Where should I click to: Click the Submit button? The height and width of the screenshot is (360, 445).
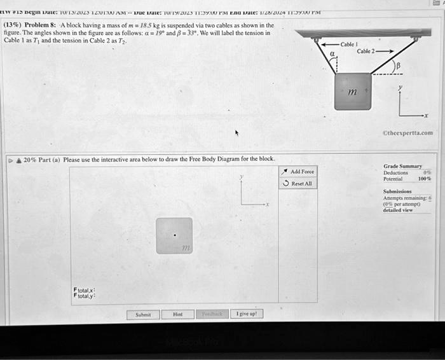click(143, 314)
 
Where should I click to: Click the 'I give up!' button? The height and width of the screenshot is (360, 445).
click(247, 314)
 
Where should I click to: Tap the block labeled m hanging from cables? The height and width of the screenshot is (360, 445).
click(352, 92)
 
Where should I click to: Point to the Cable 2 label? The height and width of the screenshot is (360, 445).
click(367, 52)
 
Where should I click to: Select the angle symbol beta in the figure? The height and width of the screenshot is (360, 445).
click(399, 66)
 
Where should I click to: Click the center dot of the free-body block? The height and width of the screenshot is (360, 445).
click(175, 235)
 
